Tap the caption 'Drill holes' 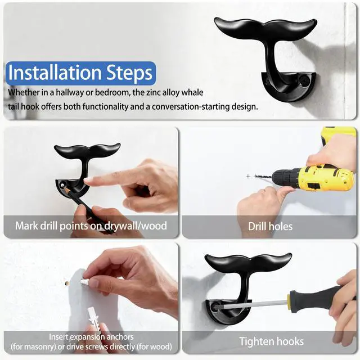coord(270,227)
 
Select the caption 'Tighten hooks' coord(271,341)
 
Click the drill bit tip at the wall coord(256,176)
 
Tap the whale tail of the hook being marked coord(87,151)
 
